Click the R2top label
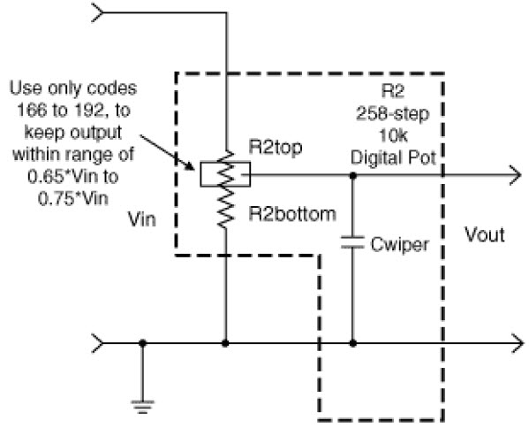(x=275, y=148)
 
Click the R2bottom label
(x=292, y=214)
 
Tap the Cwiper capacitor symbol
(x=352, y=242)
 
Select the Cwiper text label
(x=400, y=245)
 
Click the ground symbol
(x=142, y=407)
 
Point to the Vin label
(x=142, y=219)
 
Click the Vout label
(x=485, y=234)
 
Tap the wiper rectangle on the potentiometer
(x=225, y=174)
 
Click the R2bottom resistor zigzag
(x=225, y=207)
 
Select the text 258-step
(x=393, y=114)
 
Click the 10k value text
(x=393, y=136)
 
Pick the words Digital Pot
(x=393, y=157)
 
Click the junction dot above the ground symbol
(x=142, y=343)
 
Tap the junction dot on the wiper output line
(x=353, y=175)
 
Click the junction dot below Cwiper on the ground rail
(x=353, y=343)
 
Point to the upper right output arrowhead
(x=516, y=175)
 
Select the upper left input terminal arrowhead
(x=97, y=13)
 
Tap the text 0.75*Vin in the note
(x=73, y=198)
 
